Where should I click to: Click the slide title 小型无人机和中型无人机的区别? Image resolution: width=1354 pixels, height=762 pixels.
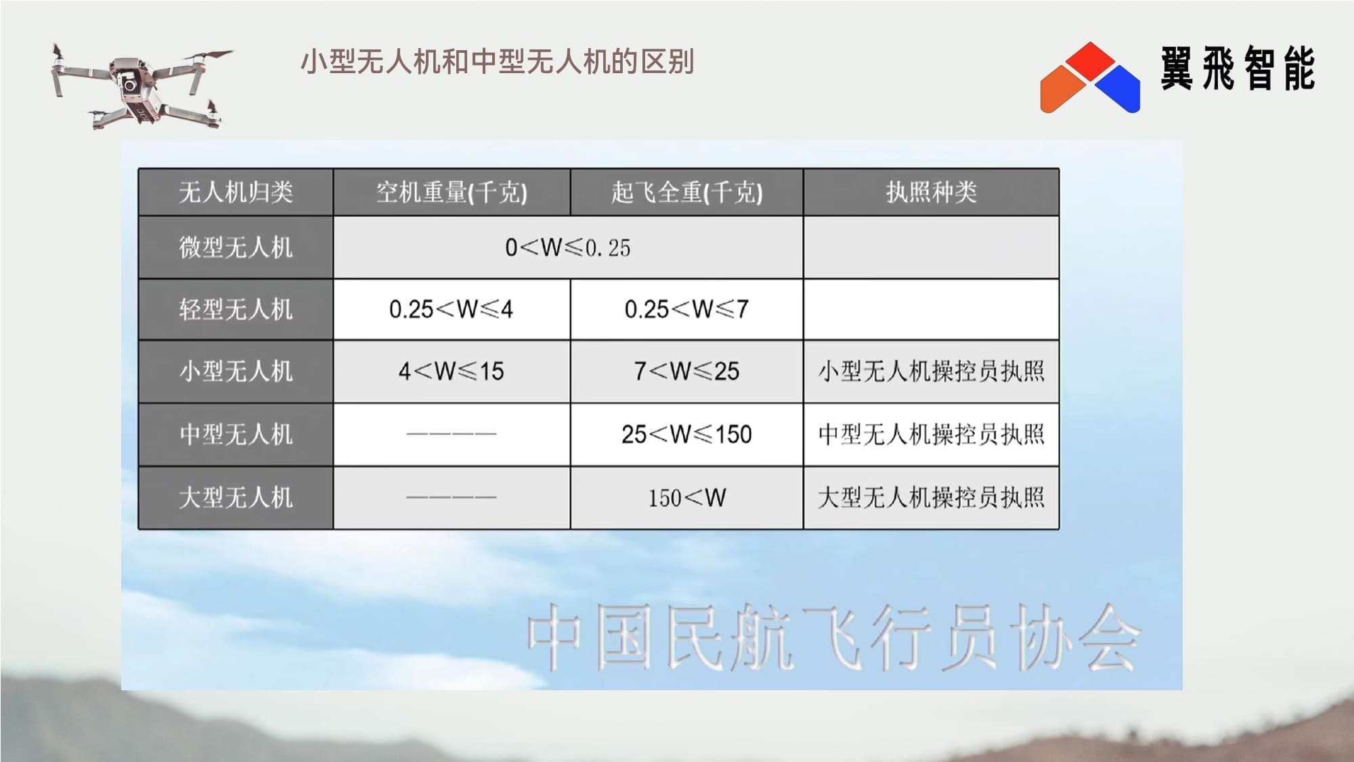[498, 62]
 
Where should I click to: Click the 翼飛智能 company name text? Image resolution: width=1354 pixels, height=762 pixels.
[1238, 68]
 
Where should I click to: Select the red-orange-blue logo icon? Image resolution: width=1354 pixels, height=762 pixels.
[1090, 77]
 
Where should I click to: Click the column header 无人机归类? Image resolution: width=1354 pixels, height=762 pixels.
[236, 192]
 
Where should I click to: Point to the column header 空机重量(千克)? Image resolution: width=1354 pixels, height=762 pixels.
[452, 192]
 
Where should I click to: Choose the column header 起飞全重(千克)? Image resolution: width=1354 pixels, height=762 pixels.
[686, 192]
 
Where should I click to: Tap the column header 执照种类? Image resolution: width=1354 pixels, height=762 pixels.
[931, 192]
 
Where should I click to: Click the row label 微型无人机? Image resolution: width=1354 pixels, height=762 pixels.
[236, 247]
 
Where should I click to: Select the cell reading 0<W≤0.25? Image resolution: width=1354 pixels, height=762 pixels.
[567, 248]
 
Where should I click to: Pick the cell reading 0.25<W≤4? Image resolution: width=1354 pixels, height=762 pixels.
[451, 310]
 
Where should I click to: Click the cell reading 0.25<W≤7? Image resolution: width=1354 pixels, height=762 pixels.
[686, 310]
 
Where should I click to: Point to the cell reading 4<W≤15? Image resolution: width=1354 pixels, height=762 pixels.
[451, 371]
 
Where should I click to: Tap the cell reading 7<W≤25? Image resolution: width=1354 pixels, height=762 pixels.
[686, 371]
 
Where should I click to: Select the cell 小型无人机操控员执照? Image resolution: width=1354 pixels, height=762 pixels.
[931, 371]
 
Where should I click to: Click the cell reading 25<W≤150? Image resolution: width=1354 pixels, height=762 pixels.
[686, 434]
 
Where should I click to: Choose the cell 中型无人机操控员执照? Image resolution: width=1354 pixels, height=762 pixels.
[931, 434]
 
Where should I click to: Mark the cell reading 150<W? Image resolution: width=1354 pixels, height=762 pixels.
[686, 498]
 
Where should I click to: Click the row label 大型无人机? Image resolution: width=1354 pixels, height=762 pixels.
[236, 498]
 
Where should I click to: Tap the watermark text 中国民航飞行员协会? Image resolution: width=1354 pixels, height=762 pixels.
[834, 637]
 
